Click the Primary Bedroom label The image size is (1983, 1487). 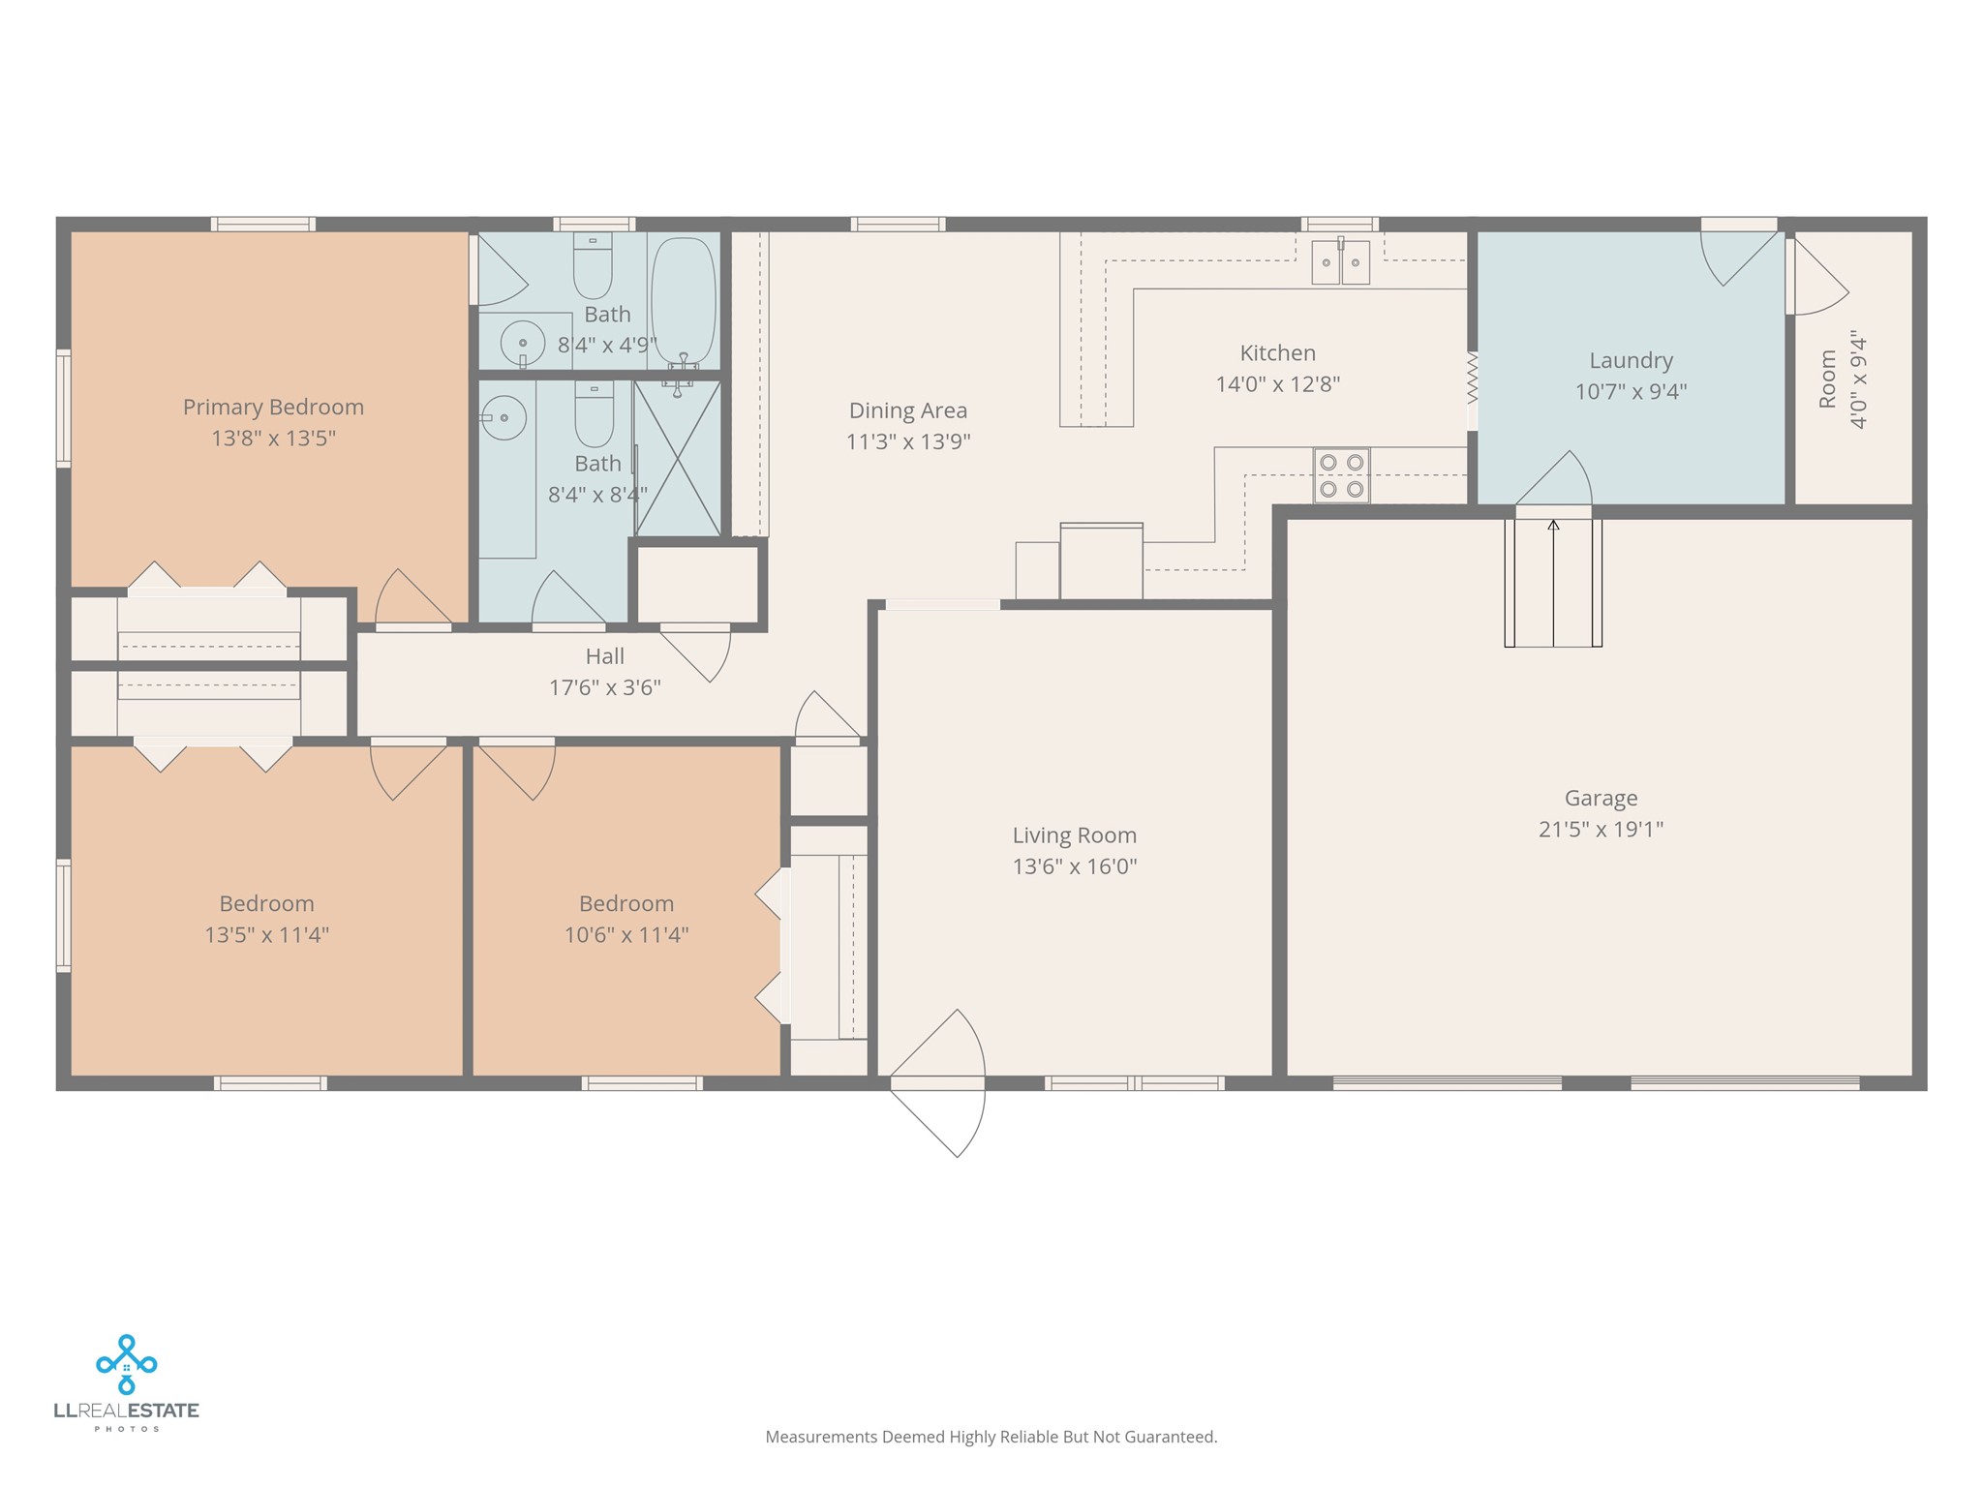tap(273, 408)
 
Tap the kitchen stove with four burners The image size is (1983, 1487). tap(1341, 475)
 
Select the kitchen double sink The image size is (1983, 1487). tap(1341, 261)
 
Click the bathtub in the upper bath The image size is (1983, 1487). tap(684, 301)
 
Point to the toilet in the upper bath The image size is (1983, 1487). tap(593, 265)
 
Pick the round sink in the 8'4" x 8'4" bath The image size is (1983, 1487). tap(503, 418)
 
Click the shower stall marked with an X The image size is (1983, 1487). tap(678, 458)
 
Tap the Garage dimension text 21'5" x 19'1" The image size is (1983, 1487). tap(1601, 830)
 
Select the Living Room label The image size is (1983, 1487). tap(1075, 835)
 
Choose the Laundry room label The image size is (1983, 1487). tap(1632, 361)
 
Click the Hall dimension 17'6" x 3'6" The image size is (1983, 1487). tap(605, 688)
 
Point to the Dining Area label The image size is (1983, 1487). tap(908, 411)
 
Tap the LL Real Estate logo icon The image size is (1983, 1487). tap(127, 1364)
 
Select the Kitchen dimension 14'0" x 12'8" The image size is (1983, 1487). tap(1278, 384)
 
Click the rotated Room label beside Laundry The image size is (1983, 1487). tap(1827, 379)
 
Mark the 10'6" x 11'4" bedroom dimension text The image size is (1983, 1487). tap(626, 935)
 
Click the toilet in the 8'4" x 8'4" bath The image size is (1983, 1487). tap(595, 413)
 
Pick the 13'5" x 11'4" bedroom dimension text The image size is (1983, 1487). tap(266, 935)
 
